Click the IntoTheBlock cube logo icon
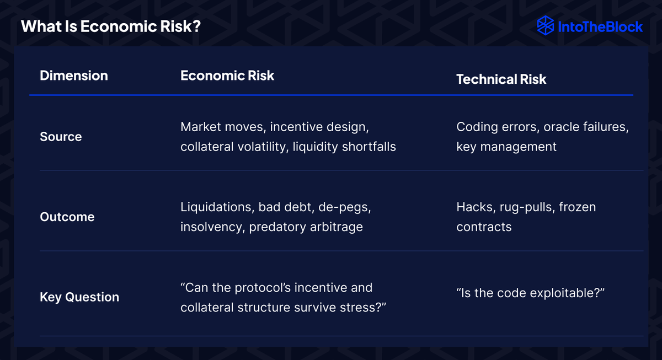pyautogui.click(x=545, y=26)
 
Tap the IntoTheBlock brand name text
pyautogui.click(x=600, y=27)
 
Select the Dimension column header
pyautogui.click(x=74, y=76)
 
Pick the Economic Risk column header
pyautogui.click(x=227, y=76)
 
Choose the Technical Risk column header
pyautogui.click(x=501, y=79)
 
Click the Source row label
pyautogui.click(x=61, y=137)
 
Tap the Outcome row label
pyautogui.click(x=67, y=217)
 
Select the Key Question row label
pyautogui.click(x=79, y=297)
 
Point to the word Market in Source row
pyautogui.click(x=201, y=127)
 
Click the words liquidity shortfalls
pyautogui.click(x=344, y=147)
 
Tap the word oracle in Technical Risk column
pyautogui.click(x=562, y=127)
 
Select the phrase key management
pyautogui.click(x=506, y=147)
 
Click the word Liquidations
pyautogui.click(x=217, y=207)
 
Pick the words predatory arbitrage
pyautogui.click(x=306, y=227)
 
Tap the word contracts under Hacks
pyautogui.click(x=484, y=227)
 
